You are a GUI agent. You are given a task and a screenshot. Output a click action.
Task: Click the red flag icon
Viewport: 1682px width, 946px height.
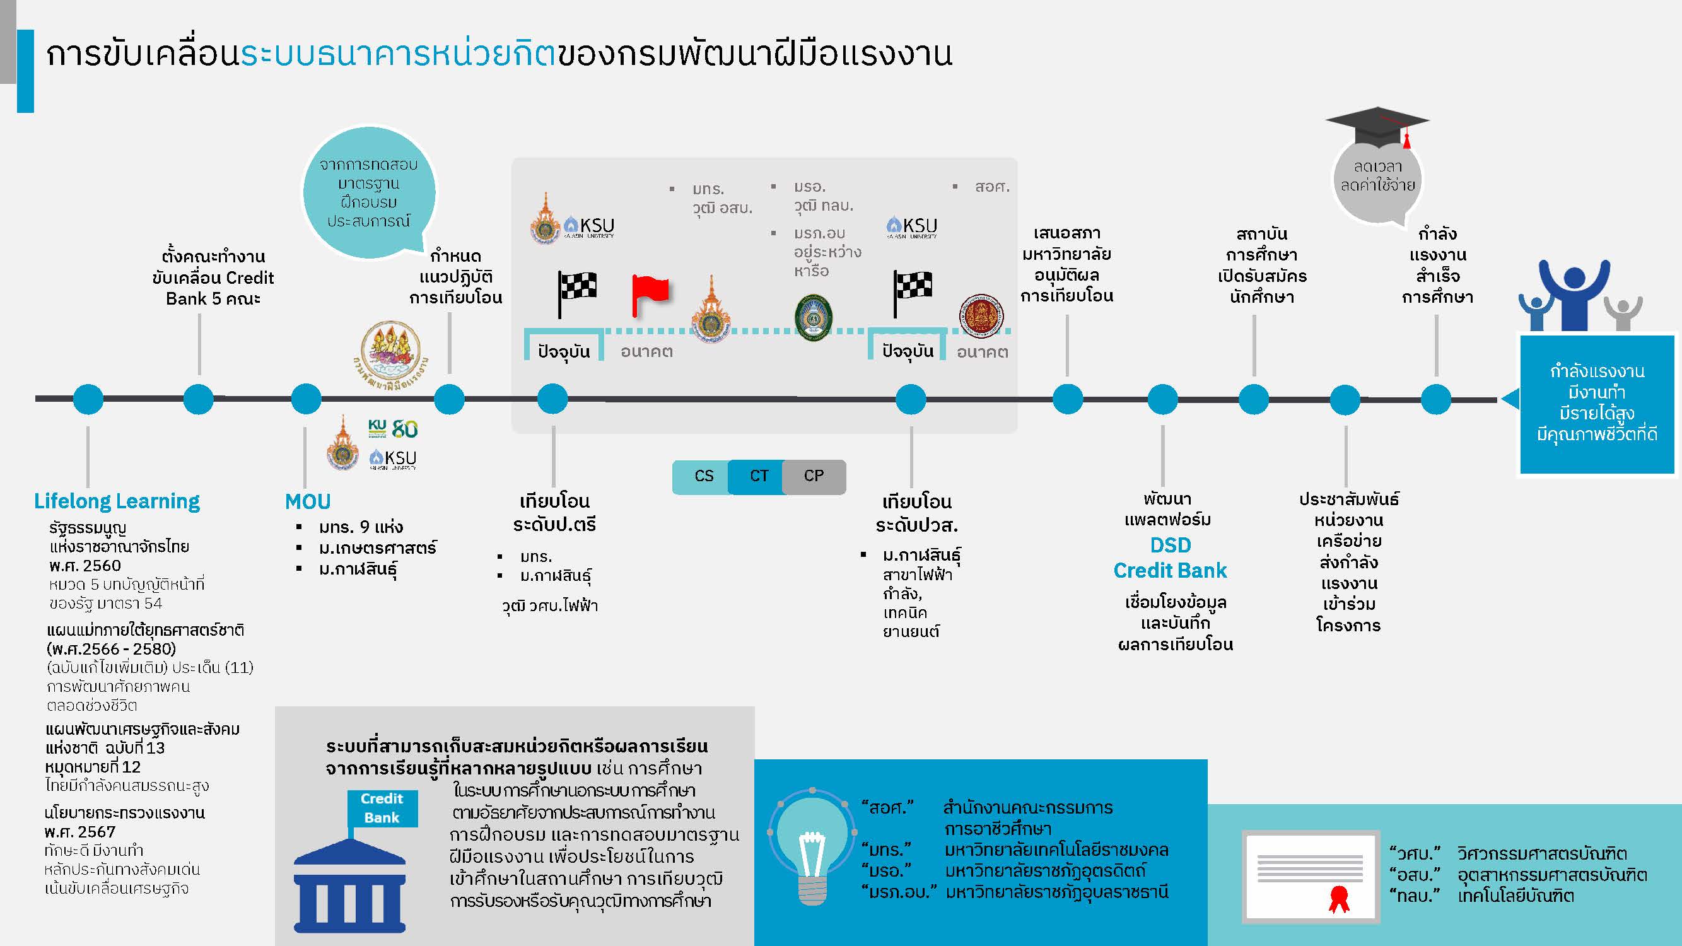click(x=650, y=294)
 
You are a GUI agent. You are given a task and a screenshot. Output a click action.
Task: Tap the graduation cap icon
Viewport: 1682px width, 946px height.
click(x=1377, y=127)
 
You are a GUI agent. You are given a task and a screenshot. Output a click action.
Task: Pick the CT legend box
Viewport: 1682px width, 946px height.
click(x=757, y=476)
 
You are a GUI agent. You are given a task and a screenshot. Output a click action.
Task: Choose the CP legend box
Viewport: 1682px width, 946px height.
click(x=814, y=476)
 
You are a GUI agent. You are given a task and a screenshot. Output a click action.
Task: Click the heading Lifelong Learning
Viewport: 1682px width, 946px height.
click(x=117, y=501)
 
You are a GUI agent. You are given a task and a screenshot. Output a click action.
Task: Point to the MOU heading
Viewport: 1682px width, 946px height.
click(x=308, y=501)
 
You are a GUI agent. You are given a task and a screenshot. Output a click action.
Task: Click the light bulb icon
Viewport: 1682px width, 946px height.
click(x=812, y=846)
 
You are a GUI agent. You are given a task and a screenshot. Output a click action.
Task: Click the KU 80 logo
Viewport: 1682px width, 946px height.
click(x=392, y=428)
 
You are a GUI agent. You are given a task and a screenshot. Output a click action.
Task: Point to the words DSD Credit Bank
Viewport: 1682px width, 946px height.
click(x=1170, y=558)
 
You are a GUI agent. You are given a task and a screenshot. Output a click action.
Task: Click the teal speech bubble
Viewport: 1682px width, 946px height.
click(x=369, y=192)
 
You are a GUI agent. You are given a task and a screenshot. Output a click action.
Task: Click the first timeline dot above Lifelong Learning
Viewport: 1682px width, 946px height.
click(x=88, y=399)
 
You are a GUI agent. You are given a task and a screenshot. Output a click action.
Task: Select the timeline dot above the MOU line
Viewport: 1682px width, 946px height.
click(x=306, y=399)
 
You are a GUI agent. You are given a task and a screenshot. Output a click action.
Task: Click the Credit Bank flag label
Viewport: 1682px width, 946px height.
click(x=382, y=809)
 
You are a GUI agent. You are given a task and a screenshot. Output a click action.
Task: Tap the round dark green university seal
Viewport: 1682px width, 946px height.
click(x=813, y=318)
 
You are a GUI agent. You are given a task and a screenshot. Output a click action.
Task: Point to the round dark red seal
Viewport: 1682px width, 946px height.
click(x=980, y=316)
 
